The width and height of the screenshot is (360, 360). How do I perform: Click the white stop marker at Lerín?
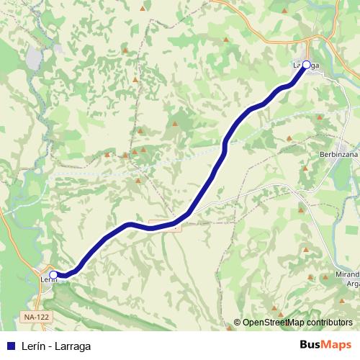click(x=53, y=274)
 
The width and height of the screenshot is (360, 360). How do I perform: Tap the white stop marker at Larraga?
click(x=306, y=65)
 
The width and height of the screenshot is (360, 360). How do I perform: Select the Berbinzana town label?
click(x=338, y=155)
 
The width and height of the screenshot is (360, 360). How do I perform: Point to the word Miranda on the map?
click(x=346, y=275)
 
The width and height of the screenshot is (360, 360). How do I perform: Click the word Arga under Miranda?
click(x=353, y=284)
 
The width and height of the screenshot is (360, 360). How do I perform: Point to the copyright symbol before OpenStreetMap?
click(x=238, y=323)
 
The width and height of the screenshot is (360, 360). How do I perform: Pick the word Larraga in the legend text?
click(x=74, y=346)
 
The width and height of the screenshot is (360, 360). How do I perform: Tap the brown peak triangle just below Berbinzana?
click(x=305, y=168)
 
